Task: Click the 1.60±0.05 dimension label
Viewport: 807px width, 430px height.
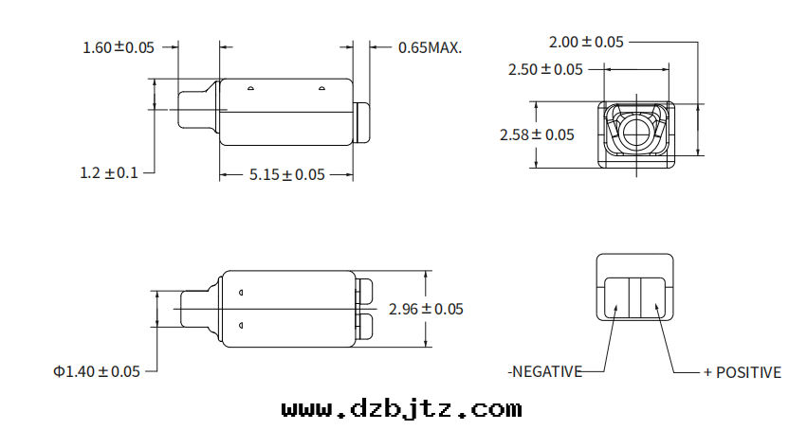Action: [x=119, y=47]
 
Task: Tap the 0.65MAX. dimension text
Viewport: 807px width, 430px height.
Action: [x=430, y=47]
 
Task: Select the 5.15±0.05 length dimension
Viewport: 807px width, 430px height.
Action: [x=287, y=174]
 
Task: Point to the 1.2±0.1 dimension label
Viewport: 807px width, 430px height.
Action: [x=109, y=172]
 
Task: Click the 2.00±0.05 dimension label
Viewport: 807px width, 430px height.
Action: [x=586, y=42]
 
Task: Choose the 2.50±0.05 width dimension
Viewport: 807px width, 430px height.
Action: [x=545, y=69]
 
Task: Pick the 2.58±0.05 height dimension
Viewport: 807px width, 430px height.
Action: [x=537, y=134]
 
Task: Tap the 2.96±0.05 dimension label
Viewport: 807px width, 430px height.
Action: [x=426, y=309]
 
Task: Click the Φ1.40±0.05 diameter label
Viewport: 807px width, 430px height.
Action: [x=97, y=371]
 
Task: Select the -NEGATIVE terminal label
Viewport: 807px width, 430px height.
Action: [x=545, y=371]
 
